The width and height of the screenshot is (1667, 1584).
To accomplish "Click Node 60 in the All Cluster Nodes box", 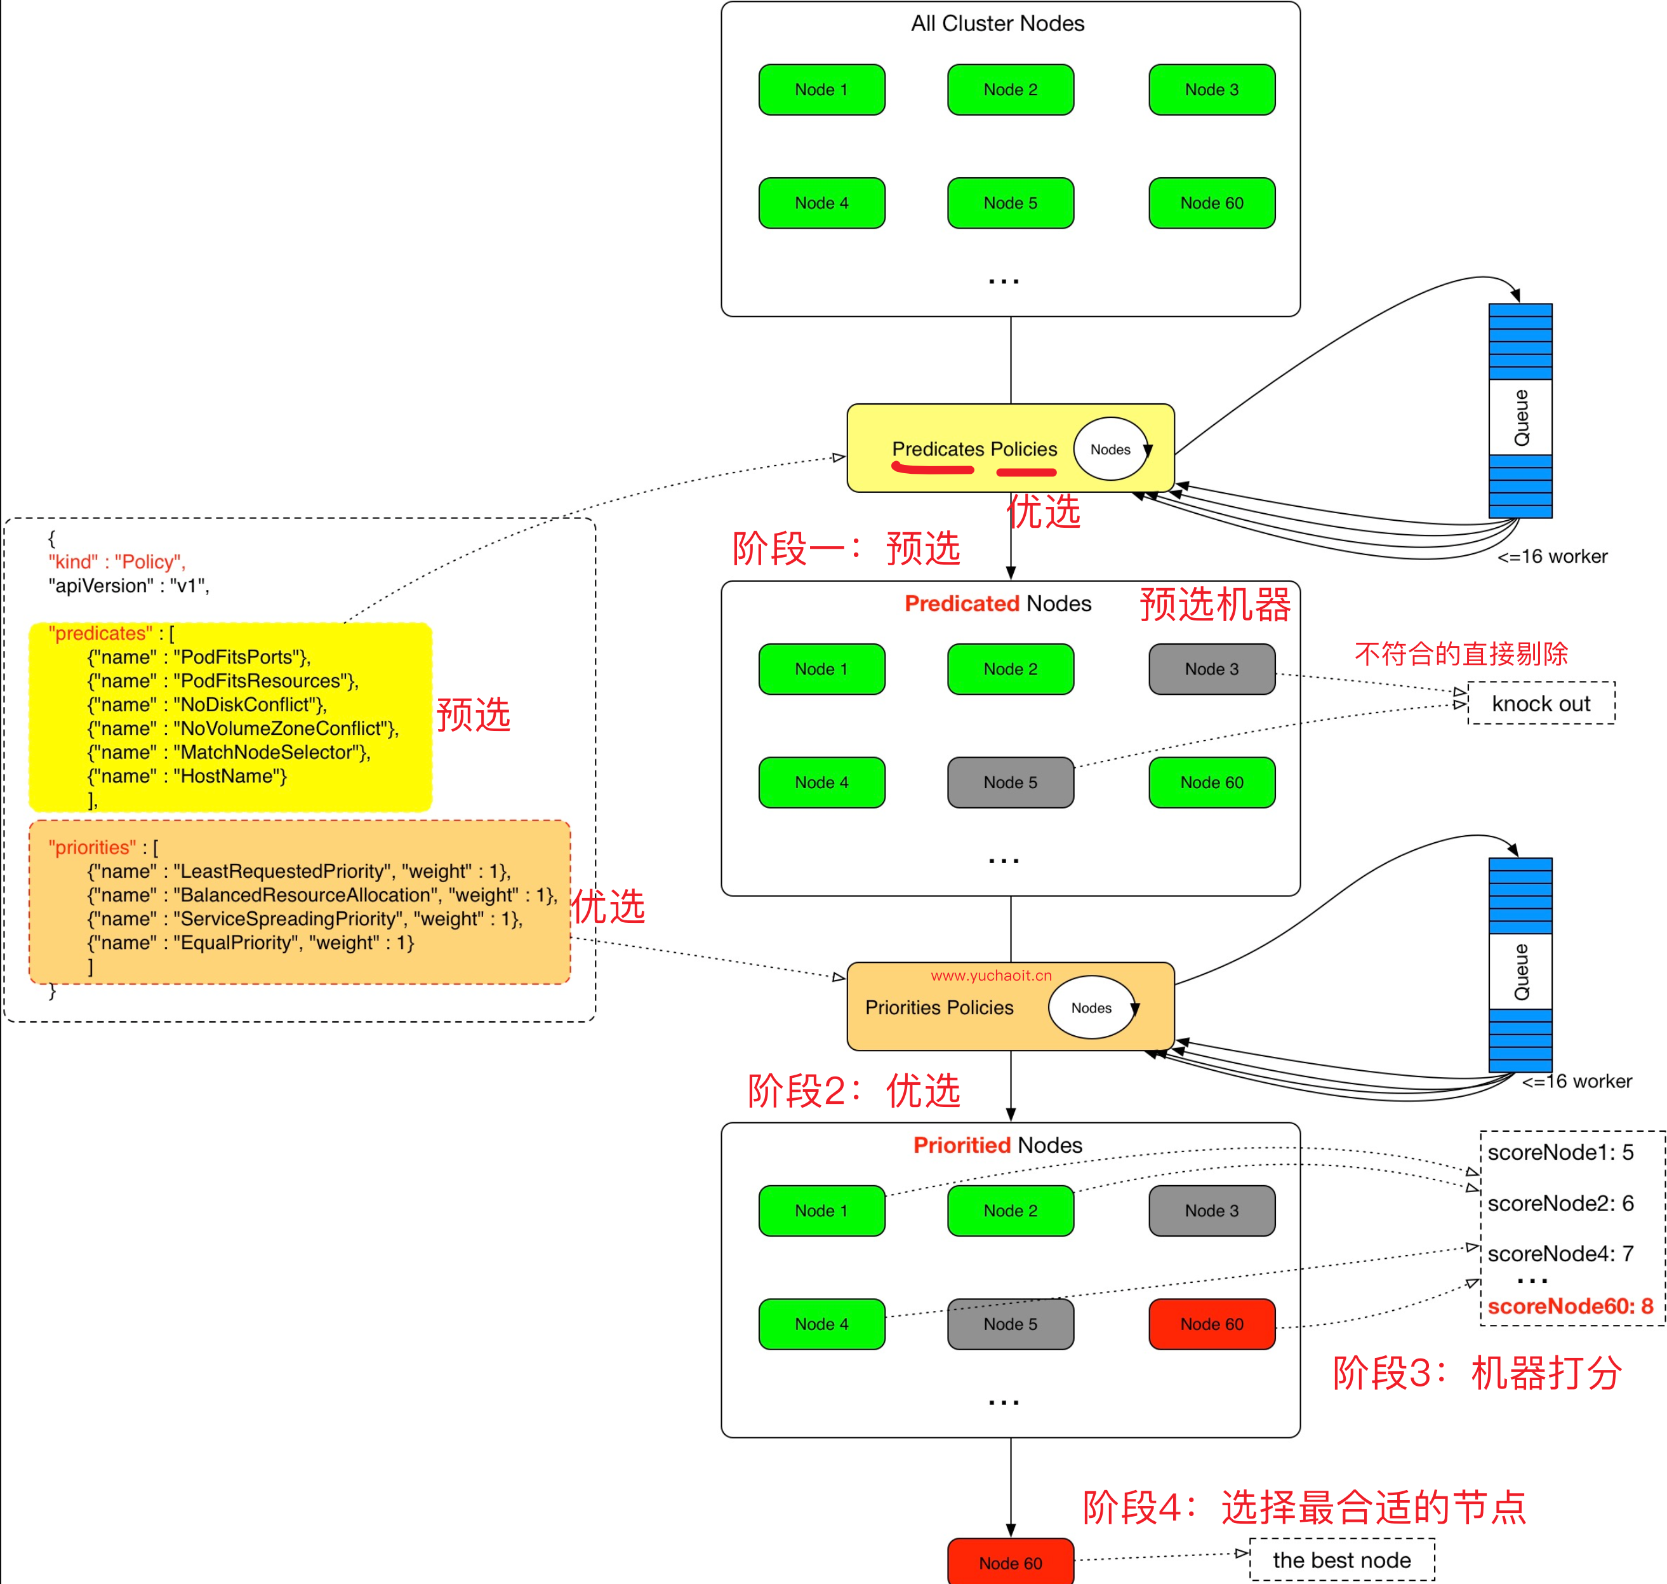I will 1211,203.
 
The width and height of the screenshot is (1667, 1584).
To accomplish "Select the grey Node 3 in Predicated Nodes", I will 1211,669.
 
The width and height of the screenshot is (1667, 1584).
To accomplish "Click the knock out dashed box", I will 1541,703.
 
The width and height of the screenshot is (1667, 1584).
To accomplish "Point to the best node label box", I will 1341,1559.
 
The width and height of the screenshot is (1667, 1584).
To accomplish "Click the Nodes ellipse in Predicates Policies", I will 1110,449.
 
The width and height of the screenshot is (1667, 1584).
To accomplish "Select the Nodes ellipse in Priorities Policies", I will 1091,1007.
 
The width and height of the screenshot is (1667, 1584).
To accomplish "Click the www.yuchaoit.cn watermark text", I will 991,975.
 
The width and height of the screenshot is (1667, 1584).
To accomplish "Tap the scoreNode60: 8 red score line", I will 1569,1306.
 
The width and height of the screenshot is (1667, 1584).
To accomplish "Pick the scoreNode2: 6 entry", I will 1560,1202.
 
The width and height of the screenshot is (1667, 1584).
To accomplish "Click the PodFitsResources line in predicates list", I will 223,681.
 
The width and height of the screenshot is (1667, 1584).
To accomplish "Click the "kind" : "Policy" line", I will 116,561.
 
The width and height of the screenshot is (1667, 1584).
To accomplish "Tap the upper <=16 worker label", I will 1551,556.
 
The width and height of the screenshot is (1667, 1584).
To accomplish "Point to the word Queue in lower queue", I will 1521,971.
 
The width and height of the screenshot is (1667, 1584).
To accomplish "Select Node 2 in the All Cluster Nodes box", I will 1011,90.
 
